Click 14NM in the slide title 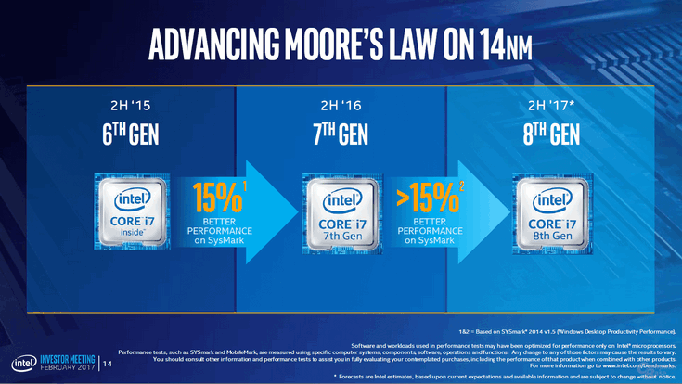pyautogui.click(x=497, y=43)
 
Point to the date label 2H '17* pyautogui.click(x=550, y=105)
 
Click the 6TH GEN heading pyautogui.click(x=131, y=136)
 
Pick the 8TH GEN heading pyautogui.click(x=548, y=136)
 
